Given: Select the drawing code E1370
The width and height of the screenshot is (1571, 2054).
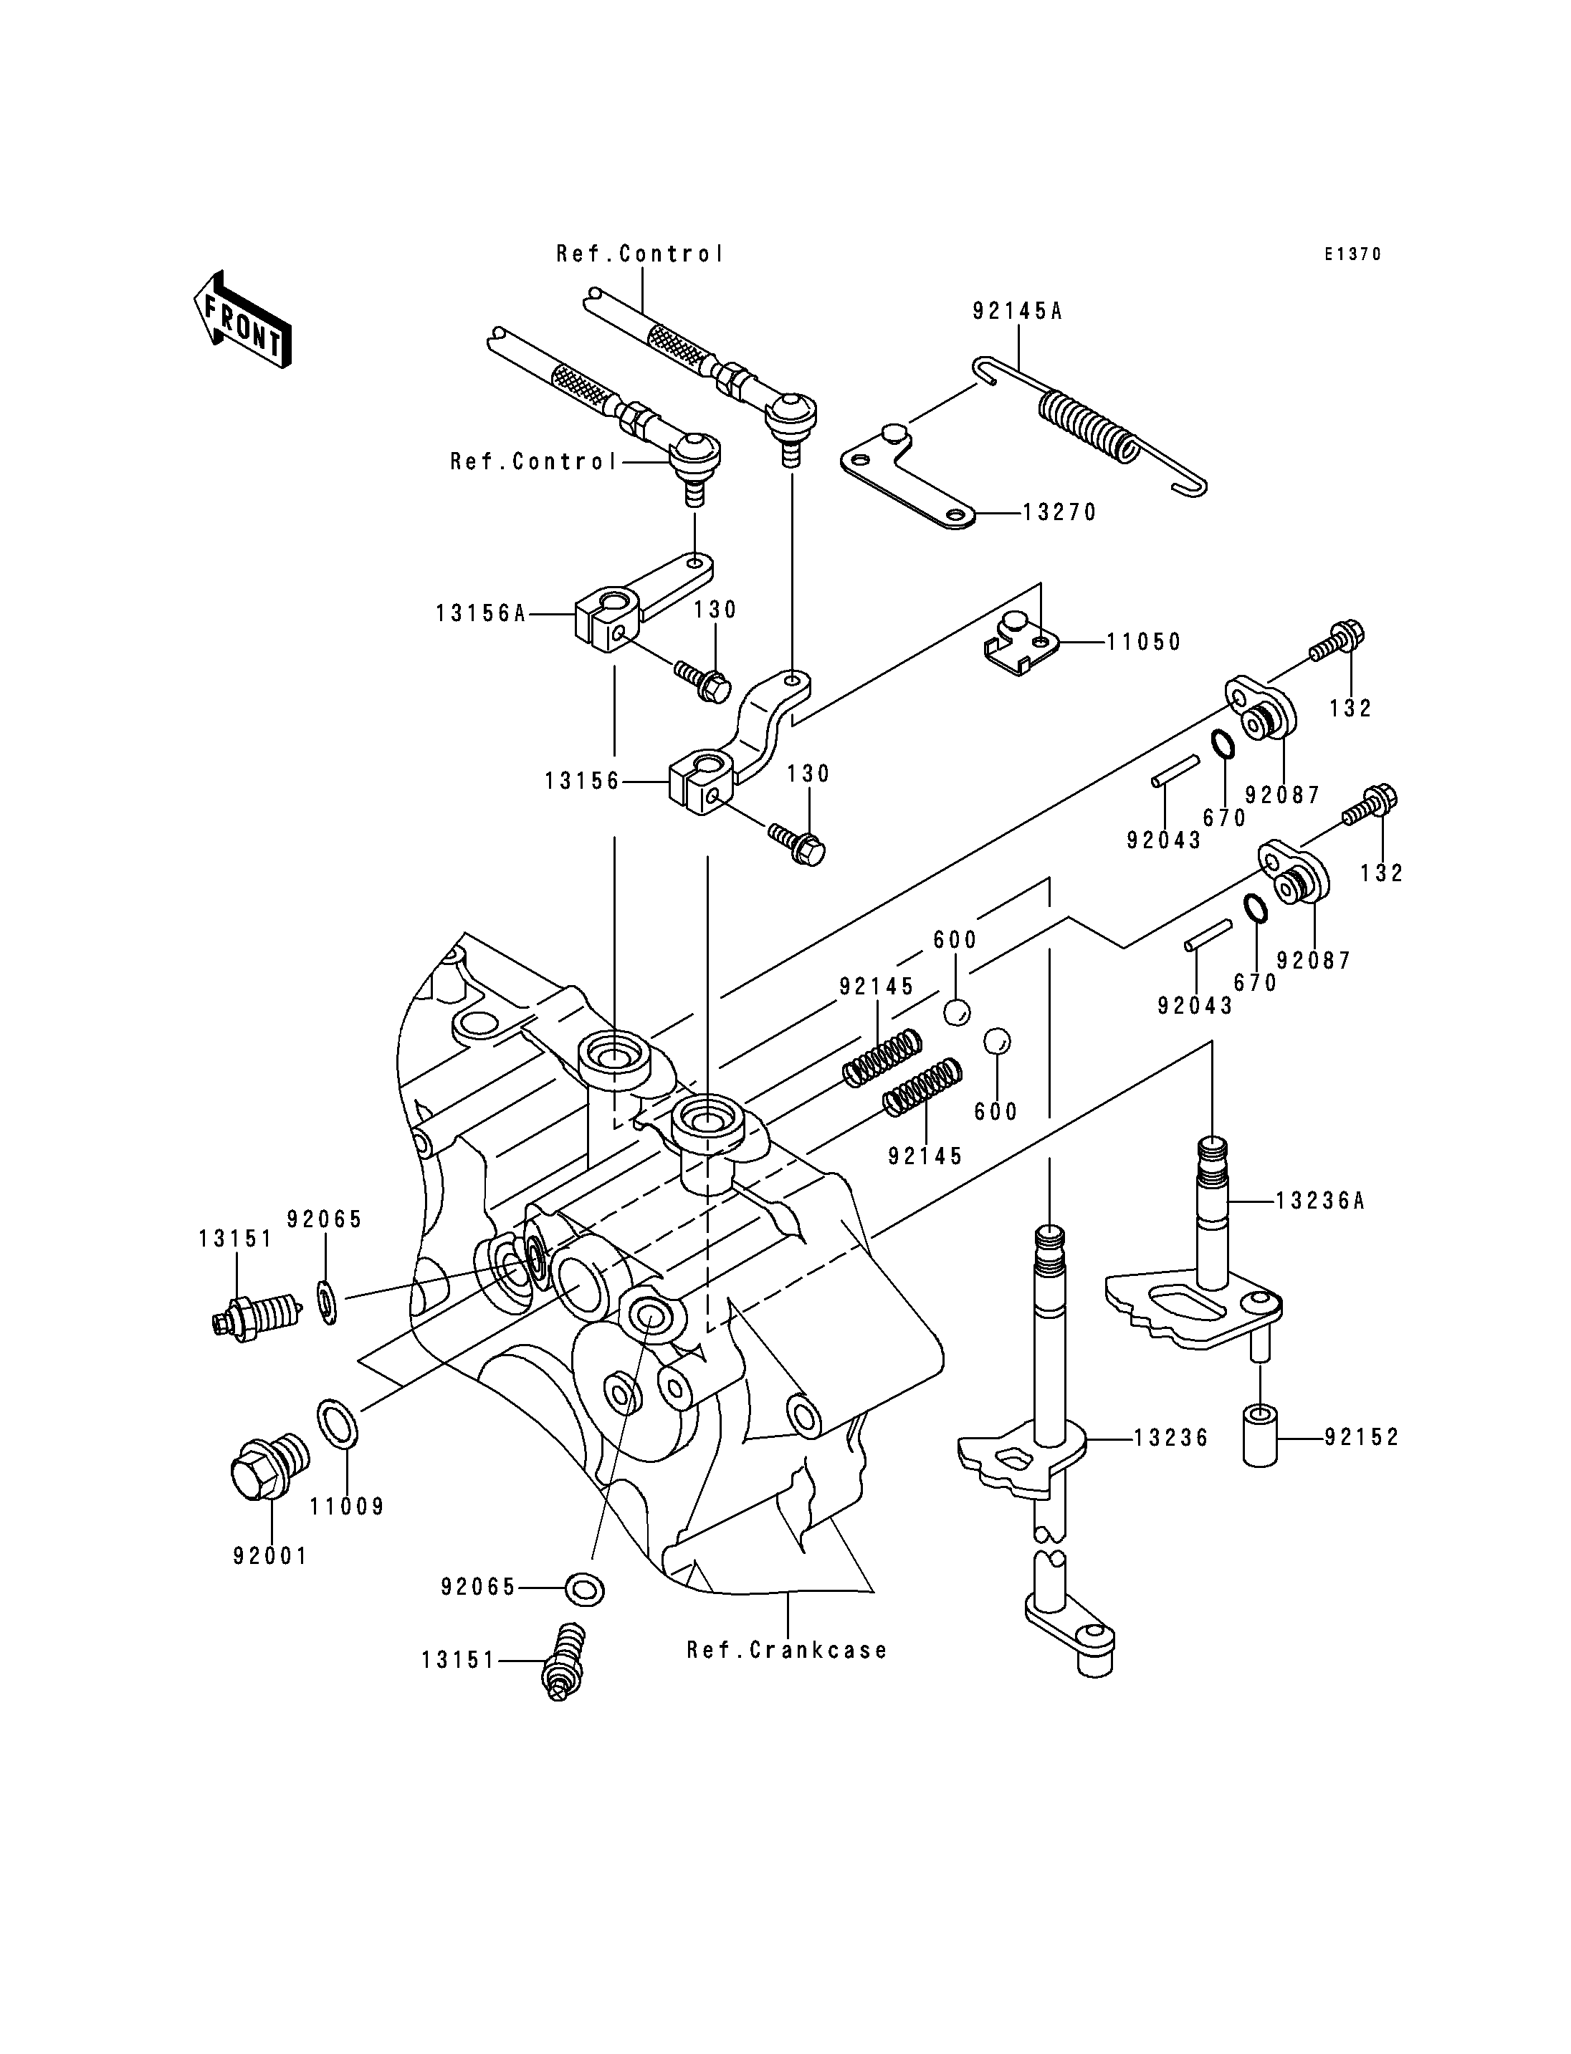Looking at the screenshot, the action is [x=1352, y=254].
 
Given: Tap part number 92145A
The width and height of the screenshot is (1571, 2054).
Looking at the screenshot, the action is [x=1018, y=312].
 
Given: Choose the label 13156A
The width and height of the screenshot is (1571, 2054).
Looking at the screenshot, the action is [x=482, y=614].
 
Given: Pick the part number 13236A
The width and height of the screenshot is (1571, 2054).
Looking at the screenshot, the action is [x=1320, y=1201].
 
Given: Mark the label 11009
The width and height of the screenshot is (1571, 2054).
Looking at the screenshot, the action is [x=348, y=1507].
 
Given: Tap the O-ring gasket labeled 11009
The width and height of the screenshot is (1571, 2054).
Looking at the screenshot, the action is [x=338, y=1424].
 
